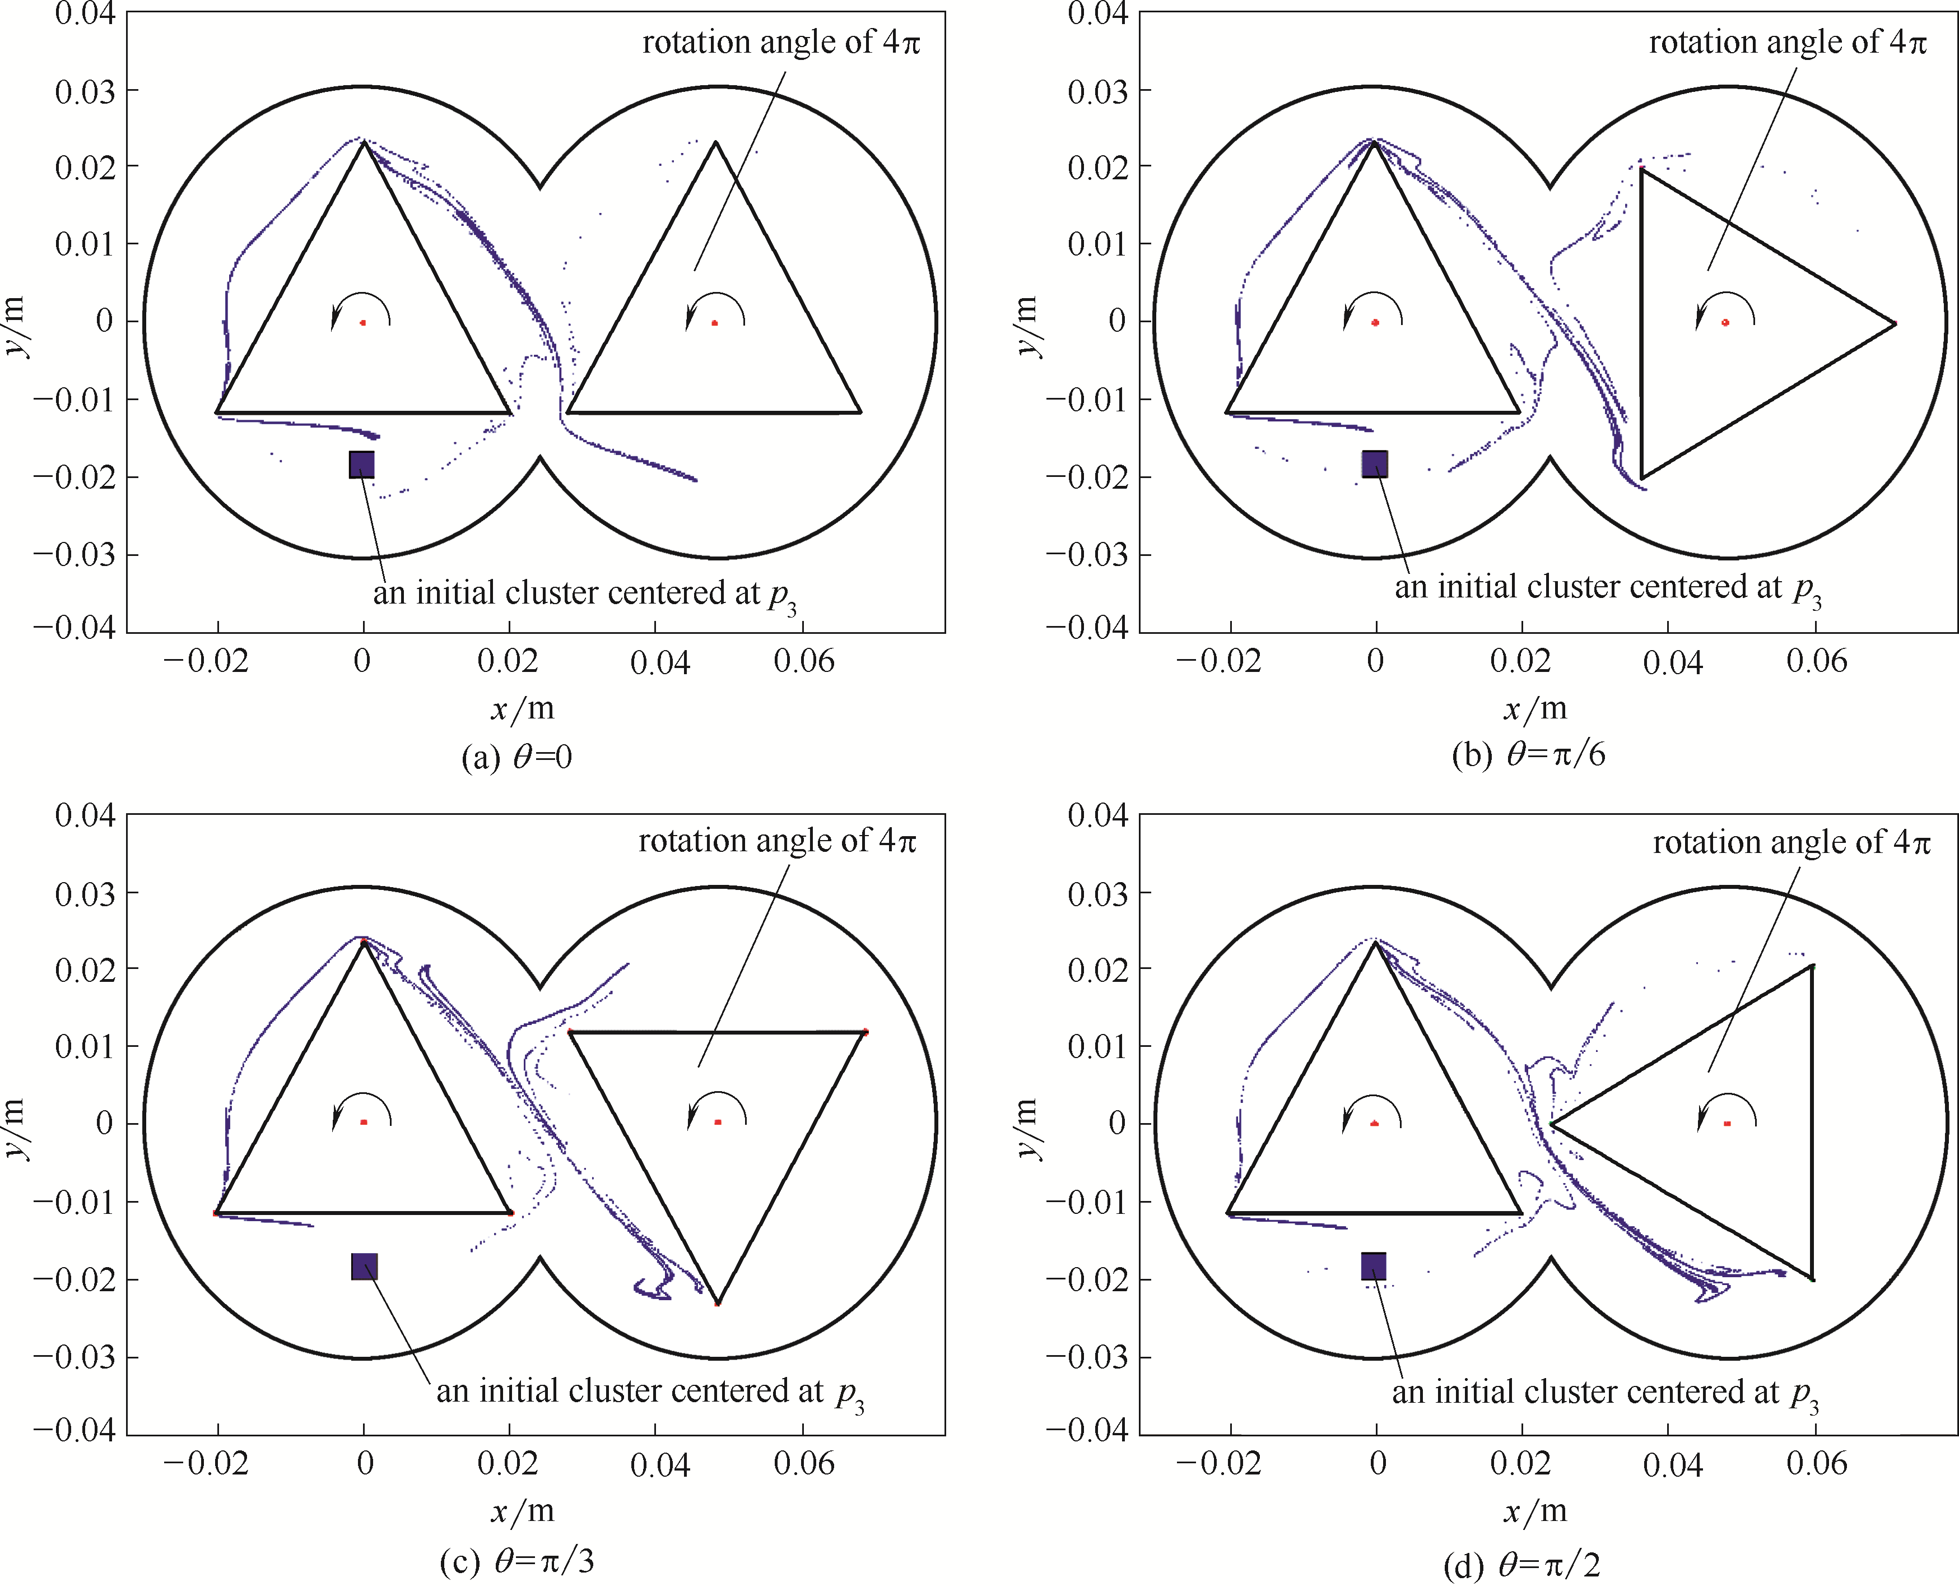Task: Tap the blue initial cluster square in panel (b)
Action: (x=1375, y=464)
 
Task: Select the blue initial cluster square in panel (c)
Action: (x=364, y=1266)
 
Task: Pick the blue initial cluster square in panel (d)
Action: (x=1374, y=1266)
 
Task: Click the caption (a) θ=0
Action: (x=517, y=757)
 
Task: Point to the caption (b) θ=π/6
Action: (x=1528, y=755)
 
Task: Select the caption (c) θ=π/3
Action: (x=517, y=1560)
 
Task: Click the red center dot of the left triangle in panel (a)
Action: (x=362, y=322)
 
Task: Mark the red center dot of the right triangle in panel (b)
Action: (x=1725, y=322)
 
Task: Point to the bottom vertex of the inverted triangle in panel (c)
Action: (x=717, y=1304)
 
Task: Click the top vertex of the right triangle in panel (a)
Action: (x=715, y=142)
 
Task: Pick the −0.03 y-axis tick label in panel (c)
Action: (x=75, y=1357)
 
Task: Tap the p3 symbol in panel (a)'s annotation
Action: (x=783, y=597)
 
